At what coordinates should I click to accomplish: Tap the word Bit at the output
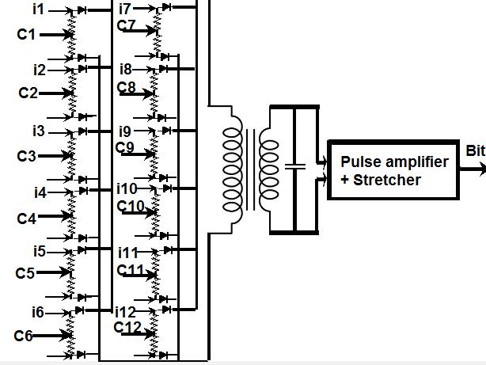(475, 150)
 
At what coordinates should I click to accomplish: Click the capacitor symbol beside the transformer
(294, 168)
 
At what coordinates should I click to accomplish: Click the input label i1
(39, 10)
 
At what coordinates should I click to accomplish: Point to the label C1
(26, 35)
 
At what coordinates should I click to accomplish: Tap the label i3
(40, 131)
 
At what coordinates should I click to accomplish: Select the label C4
(27, 217)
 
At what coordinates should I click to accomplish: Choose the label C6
(24, 336)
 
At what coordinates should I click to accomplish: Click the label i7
(125, 9)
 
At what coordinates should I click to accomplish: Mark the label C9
(125, 146)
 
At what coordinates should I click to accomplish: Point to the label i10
(127, 189)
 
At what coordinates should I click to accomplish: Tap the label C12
(127, 327)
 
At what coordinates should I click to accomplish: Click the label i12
(126, 312)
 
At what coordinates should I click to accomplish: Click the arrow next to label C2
(55, 93)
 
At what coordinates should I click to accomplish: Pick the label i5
(39, 253)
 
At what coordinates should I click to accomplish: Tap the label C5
(25, 274)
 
